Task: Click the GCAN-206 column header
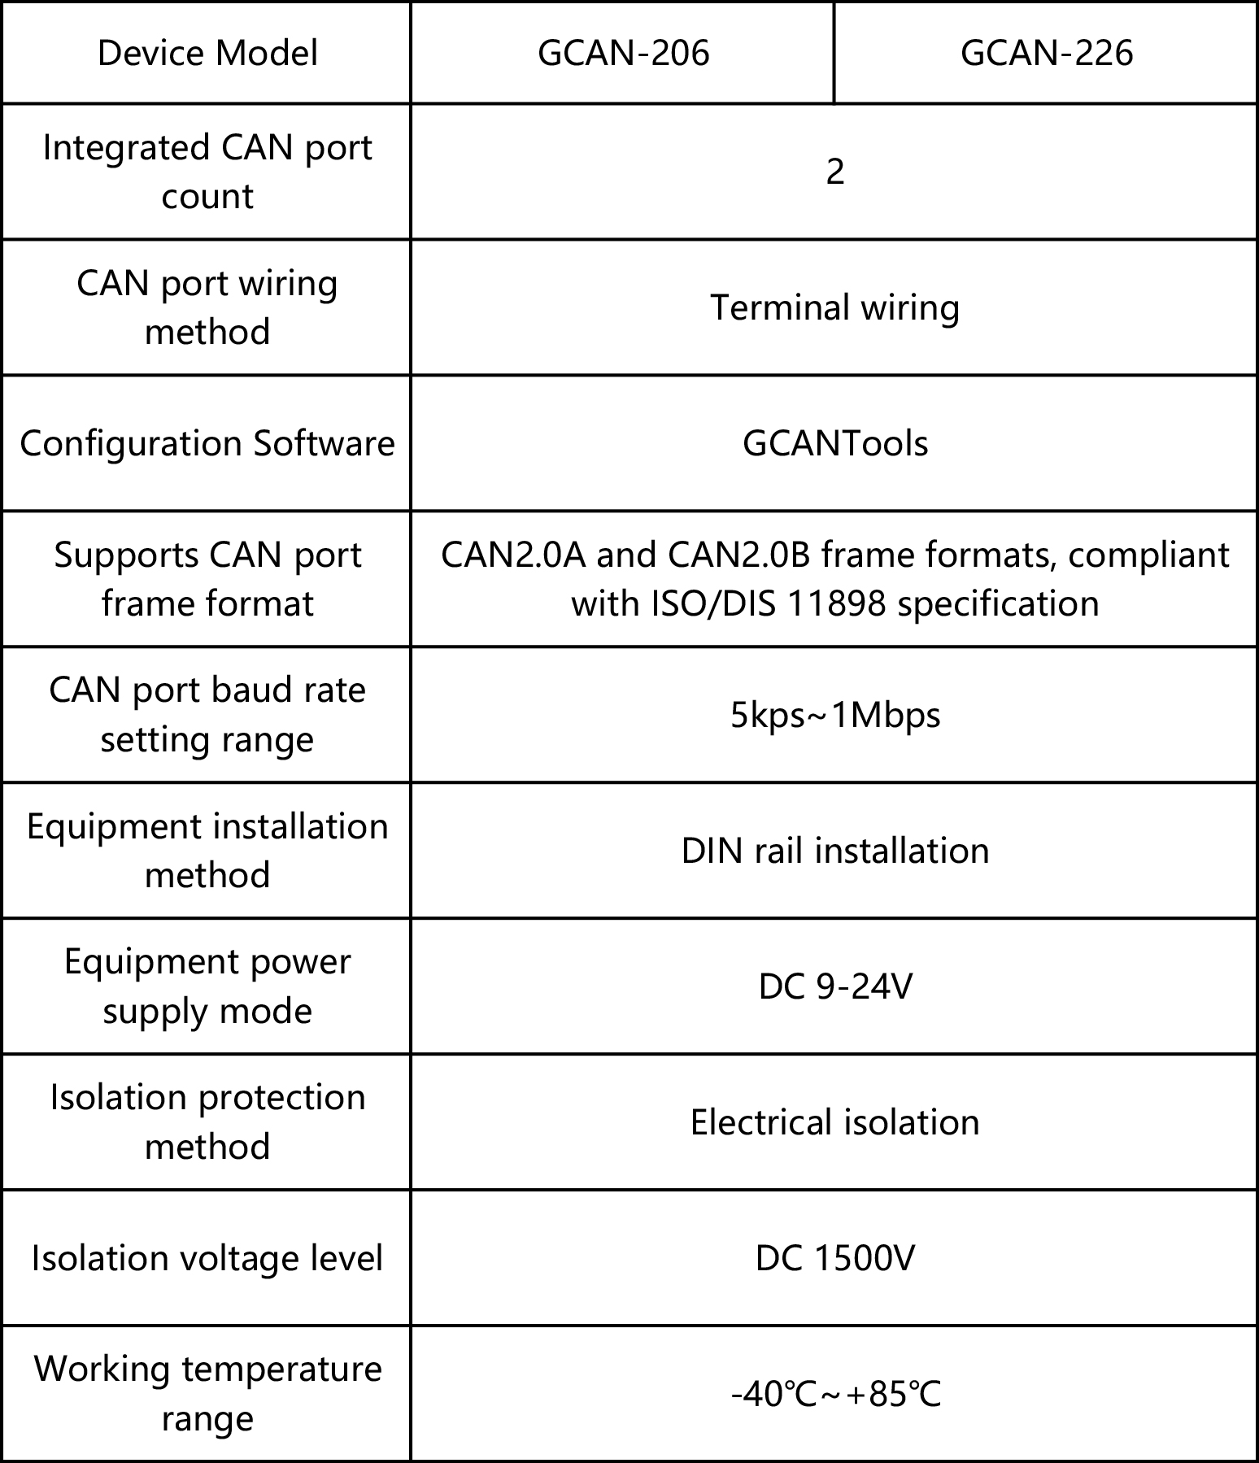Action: coord(623,54)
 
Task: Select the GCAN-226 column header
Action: coord(1046,54)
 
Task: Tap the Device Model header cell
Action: coord(207,54)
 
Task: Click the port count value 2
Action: coord(834,172)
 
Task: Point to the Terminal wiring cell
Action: coord(834,307)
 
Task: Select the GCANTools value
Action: coord(834,444)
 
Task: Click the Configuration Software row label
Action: coord(207,444)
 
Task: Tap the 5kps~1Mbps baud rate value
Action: coord(834,716)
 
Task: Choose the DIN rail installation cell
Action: coord(834,851)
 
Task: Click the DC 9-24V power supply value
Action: coord(834,987)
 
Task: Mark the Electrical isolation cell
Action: coord(834,1123)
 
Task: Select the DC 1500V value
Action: coord(834,1259)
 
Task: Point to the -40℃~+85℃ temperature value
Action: coord(834,1395)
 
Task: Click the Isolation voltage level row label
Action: coord(207,1259)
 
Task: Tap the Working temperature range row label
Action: coord(207,1394)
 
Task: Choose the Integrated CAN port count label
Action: coord(207,172)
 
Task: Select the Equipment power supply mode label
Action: coord(207,986)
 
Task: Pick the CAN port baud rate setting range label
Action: coord(207,715)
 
